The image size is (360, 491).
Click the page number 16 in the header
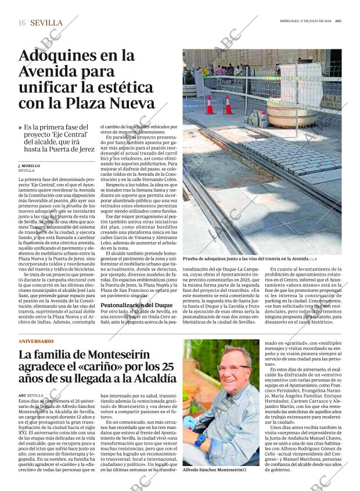tap(21, 23)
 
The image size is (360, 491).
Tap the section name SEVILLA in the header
tap(46, 23)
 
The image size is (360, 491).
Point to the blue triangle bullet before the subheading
tap(20, 127)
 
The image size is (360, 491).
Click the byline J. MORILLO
tap(29, 165)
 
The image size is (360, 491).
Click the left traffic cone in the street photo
tap(210, 105)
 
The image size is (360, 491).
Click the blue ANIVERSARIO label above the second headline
tap(36, 341)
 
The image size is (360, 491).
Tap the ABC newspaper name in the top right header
tap(337, 22)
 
